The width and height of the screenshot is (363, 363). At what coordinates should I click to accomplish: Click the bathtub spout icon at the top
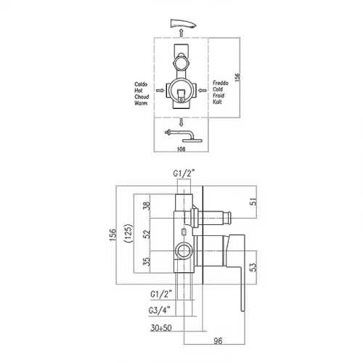tap(183, 23)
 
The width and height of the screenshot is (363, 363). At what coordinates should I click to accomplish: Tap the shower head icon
tap(184, 136)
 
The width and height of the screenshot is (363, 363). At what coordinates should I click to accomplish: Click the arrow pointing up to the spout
tap(181, 33)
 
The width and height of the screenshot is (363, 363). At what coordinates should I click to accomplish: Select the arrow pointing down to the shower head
tap(181, 123)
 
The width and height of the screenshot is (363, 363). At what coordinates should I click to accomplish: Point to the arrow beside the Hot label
tap(160, 91)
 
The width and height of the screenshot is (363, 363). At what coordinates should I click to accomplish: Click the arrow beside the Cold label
tap(203, 91)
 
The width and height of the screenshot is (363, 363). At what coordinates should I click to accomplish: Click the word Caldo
tap(141, 84)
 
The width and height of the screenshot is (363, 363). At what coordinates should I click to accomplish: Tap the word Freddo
tap(221, 83)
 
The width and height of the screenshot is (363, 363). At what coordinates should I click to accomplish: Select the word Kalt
tap(217, 102)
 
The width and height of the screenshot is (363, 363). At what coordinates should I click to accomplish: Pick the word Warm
tap(141, 103)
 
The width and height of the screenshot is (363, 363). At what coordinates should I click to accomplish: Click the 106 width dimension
tap(181, 149)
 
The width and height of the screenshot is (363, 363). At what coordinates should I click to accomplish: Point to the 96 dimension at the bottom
tap(218, 341)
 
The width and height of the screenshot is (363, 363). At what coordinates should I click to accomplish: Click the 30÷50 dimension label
tap(161, 328)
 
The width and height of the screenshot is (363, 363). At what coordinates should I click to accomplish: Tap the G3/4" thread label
tap(160, 311)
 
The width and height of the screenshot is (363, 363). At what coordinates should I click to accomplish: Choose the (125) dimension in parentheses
tap(129, 234)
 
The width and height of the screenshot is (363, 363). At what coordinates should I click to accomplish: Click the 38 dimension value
tap(147, 206)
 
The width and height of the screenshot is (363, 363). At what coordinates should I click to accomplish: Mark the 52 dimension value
tap(147, 234)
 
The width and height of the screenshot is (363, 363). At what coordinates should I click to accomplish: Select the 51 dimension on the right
tap(253, 201)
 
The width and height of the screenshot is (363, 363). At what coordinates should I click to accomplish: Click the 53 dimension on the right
tap(253, 267)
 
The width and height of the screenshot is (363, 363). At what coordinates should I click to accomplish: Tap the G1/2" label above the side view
tap(184, 174)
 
